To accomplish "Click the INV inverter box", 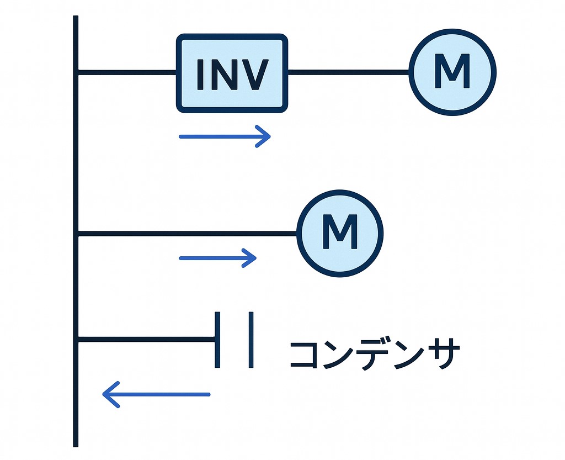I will pos(232,73).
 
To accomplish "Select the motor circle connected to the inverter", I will pos(452,72).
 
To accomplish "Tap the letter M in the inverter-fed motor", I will pos(452,72).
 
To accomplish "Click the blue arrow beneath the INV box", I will pos(225,136).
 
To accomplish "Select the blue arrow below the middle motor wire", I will pos(218,258).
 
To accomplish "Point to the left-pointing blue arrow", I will pos(156,394).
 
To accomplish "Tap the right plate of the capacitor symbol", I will pos(251,340).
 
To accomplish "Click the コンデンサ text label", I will pos(374,354).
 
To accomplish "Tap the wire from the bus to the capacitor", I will pos(146,339).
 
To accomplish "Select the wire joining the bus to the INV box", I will pos(127,72).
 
